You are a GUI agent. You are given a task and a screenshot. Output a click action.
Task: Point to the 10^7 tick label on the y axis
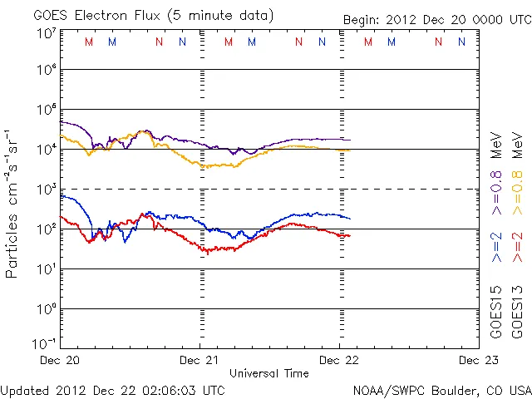pyautogui.click(x=46, y=33)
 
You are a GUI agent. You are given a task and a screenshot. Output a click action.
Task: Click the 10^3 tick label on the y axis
pyautogui.click(x=46, y=190)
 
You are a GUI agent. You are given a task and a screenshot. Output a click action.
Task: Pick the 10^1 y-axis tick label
pyautogui.click(x=46, y=269)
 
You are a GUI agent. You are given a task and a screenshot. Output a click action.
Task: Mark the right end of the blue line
pyautogui.click(x=350, y=219)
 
